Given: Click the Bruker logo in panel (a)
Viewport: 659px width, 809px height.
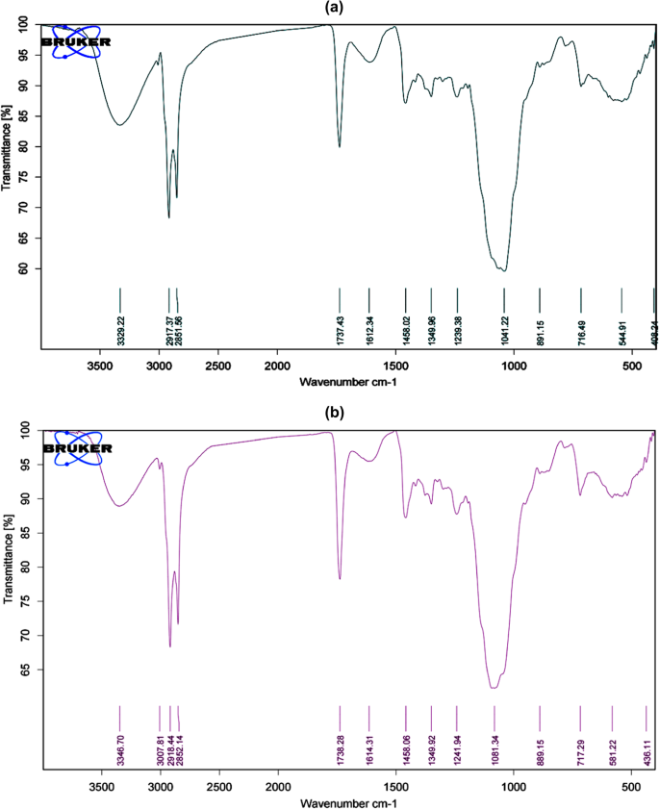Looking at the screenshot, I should click(x=76, y=41).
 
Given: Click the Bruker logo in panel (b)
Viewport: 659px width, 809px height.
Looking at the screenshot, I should click(x=77, y=448).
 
